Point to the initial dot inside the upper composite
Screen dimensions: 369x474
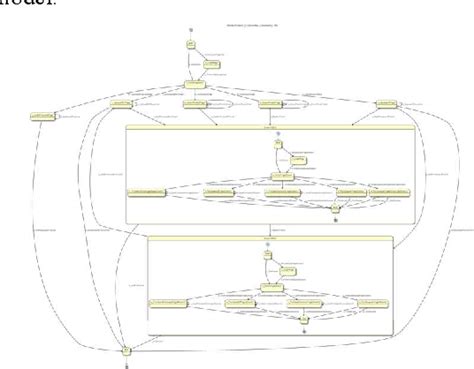click(277, 135)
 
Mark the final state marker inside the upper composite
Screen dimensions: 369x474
click(336, 218)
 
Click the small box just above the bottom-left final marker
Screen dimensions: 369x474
click(126, 350)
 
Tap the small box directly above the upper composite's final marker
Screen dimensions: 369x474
click(336, 208)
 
